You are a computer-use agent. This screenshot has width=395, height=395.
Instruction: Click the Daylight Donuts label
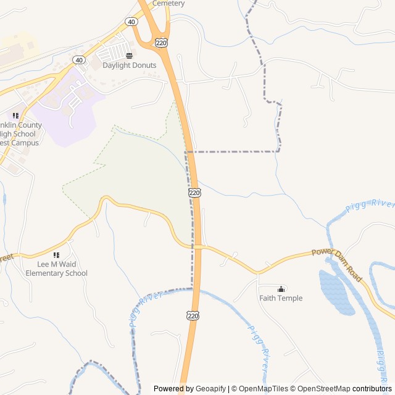coord(129,65)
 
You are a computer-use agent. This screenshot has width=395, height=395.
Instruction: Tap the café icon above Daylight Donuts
coord(129,56)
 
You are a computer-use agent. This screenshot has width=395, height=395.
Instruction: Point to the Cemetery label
coord(168,3)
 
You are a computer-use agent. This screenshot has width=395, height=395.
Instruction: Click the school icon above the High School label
coord(15,115)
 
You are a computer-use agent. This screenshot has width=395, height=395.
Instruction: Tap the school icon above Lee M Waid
coord(57,255)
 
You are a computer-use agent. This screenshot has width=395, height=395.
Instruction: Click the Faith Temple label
coord(281,298)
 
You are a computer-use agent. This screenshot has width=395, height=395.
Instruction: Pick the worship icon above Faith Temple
coord(281,289)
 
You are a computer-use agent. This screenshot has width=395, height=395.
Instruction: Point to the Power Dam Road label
coord(336,262)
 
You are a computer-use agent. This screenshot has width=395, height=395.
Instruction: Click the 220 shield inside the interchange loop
coord(161,42)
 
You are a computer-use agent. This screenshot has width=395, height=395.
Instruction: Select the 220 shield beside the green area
coord(194,193)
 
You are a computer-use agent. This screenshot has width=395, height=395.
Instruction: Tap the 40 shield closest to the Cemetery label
coord(131,22)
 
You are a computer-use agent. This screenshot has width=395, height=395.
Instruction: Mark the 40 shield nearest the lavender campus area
coord(78,60)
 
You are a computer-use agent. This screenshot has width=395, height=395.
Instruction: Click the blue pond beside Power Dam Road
coord(336,291)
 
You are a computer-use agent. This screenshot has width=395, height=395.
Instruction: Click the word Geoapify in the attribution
coord(210,389)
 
